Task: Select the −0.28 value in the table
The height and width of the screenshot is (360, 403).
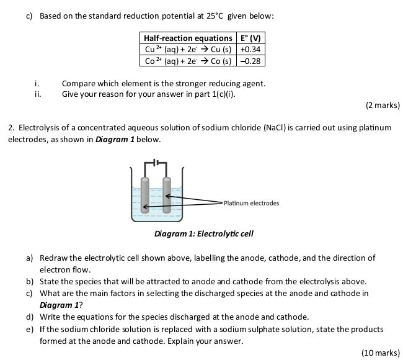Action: click(250, 61)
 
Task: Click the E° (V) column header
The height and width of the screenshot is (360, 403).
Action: click(250, 38)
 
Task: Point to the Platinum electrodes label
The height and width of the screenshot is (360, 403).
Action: click(251, 203)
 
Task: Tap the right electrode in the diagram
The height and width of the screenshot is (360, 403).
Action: click(166, 196)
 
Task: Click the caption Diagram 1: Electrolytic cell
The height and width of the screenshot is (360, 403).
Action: click(203, 234)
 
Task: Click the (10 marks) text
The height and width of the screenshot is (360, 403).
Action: click(380, 353)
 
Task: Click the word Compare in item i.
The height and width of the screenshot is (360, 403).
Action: click(78, 83)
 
